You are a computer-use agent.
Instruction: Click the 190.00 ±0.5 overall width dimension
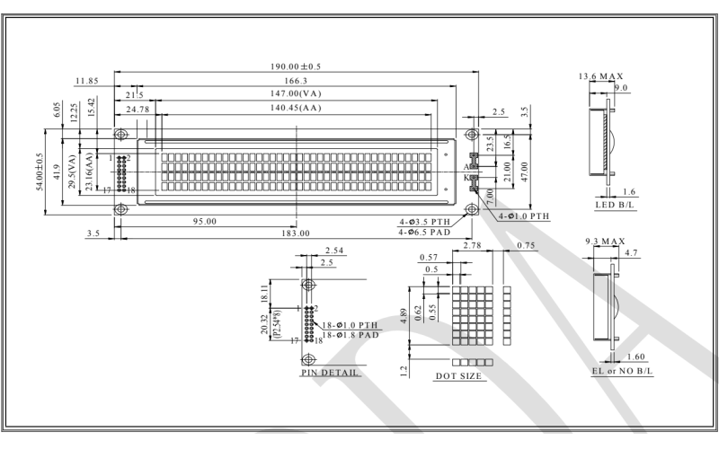pyautogui.click(x=297, y=66)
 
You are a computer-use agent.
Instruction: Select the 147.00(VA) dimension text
pyautogui.click(x=297, y=94)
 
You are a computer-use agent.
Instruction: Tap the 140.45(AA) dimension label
pyautogui.click(x=297, y=110)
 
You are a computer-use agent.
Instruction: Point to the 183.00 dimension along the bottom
pyautogui.click(x=297, y=233)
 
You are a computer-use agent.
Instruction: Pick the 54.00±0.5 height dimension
pyautogui.click(x=40, y=171)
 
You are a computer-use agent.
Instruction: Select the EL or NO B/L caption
pyautogui.click(x=617, y=371)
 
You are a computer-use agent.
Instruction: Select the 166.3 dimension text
pyautogui.click(x=297, y=81)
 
